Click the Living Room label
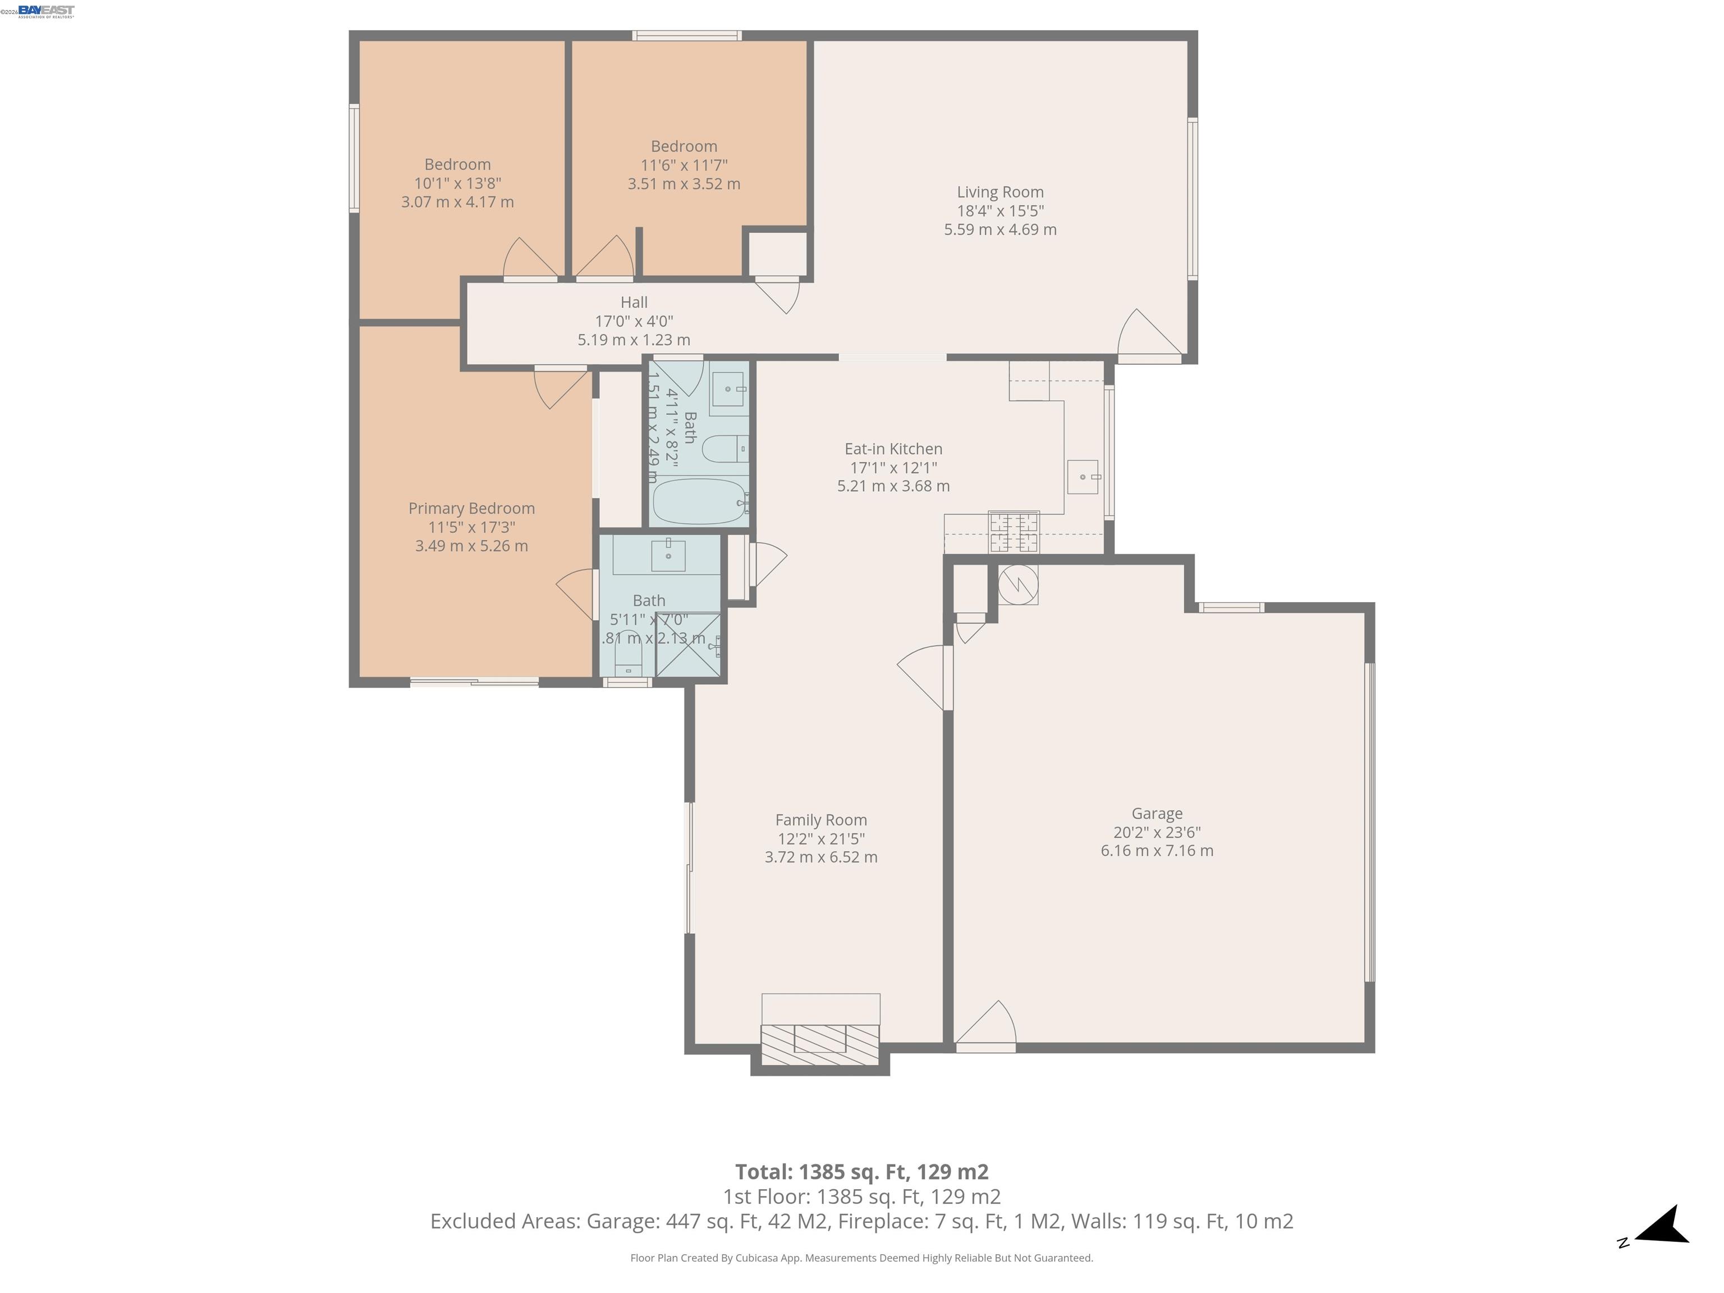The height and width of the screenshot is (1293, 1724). point(1000,192)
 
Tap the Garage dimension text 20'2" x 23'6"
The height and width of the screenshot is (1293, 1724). point(1157,832)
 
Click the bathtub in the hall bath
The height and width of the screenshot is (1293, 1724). point(698,502)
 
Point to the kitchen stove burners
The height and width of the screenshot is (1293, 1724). point(1013,533)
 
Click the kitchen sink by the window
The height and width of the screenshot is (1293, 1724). point(1083,476)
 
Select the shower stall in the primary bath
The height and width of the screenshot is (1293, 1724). point(687,645)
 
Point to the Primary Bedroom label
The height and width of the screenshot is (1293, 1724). point(471,508)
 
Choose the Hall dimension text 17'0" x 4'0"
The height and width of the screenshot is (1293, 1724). point(634,321)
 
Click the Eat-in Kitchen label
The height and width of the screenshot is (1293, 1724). point(893,449)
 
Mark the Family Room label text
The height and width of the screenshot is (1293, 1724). point(820,820)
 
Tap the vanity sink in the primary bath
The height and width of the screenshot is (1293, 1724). point(668,556)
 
